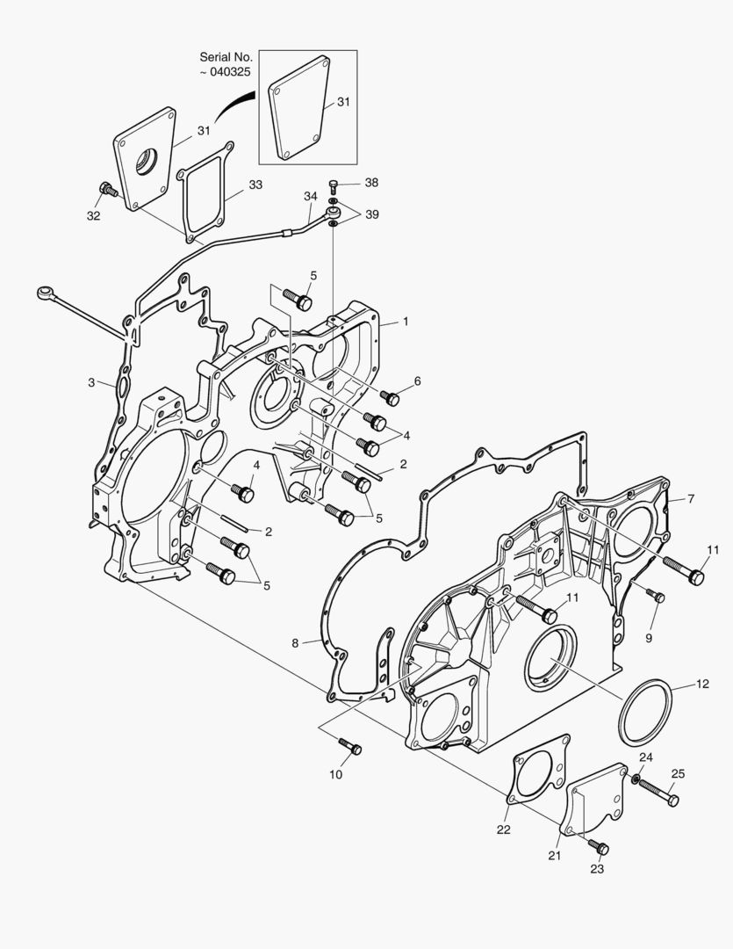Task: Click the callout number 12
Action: [x=702, y=684]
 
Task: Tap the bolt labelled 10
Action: [x=350, y=746]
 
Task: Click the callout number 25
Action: [x=678, y=773]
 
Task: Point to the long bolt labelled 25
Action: [x=658, y=793]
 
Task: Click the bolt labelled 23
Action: [x=598, y=847]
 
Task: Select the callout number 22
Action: [x=504, y=829]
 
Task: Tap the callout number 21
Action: [x=555, y=856]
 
